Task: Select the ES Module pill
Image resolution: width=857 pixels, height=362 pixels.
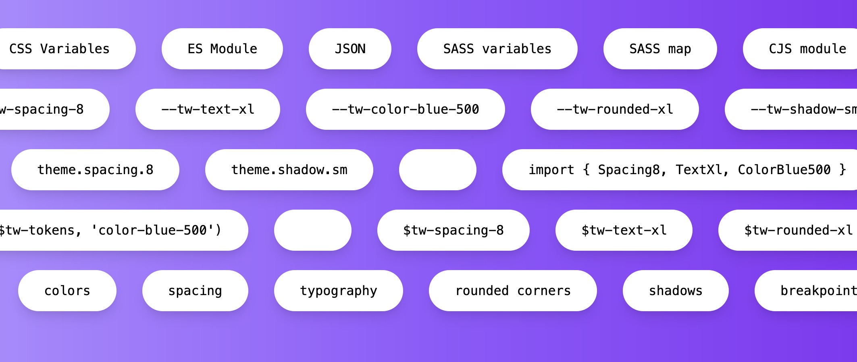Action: click(222, 49)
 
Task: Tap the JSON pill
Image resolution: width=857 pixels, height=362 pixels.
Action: click(350, 49)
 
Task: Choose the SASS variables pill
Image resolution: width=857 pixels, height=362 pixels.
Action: click(497, 49)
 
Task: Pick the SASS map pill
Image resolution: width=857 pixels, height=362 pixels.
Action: click(660, 49)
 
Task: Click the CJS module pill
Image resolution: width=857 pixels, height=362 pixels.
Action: click(806, 49)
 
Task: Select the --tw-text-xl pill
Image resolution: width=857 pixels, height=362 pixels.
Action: click(208, 109)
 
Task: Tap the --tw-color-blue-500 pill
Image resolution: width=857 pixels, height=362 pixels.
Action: click(405, 109)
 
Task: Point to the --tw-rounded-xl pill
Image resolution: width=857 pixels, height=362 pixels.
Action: click(615, 109)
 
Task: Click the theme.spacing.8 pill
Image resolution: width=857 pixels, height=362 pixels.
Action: click(95, 170)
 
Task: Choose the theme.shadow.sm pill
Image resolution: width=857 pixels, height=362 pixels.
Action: click(289, 170)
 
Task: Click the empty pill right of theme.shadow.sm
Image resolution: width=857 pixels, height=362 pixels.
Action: click(437, 170)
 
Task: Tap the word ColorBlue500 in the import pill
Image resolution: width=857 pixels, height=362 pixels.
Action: click(784, 170)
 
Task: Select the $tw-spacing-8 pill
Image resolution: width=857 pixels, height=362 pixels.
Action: click(453, 230)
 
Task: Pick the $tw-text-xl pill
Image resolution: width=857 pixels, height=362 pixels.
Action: click(624, 230)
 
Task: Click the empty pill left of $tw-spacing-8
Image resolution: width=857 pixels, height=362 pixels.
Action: click(312, 230)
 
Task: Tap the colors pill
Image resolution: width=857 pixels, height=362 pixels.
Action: click(67, 291)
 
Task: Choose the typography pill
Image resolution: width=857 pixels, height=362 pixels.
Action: click(338, 291)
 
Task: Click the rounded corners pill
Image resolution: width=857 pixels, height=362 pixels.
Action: click(513, 291)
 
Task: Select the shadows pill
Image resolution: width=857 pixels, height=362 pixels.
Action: click(675, 291)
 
